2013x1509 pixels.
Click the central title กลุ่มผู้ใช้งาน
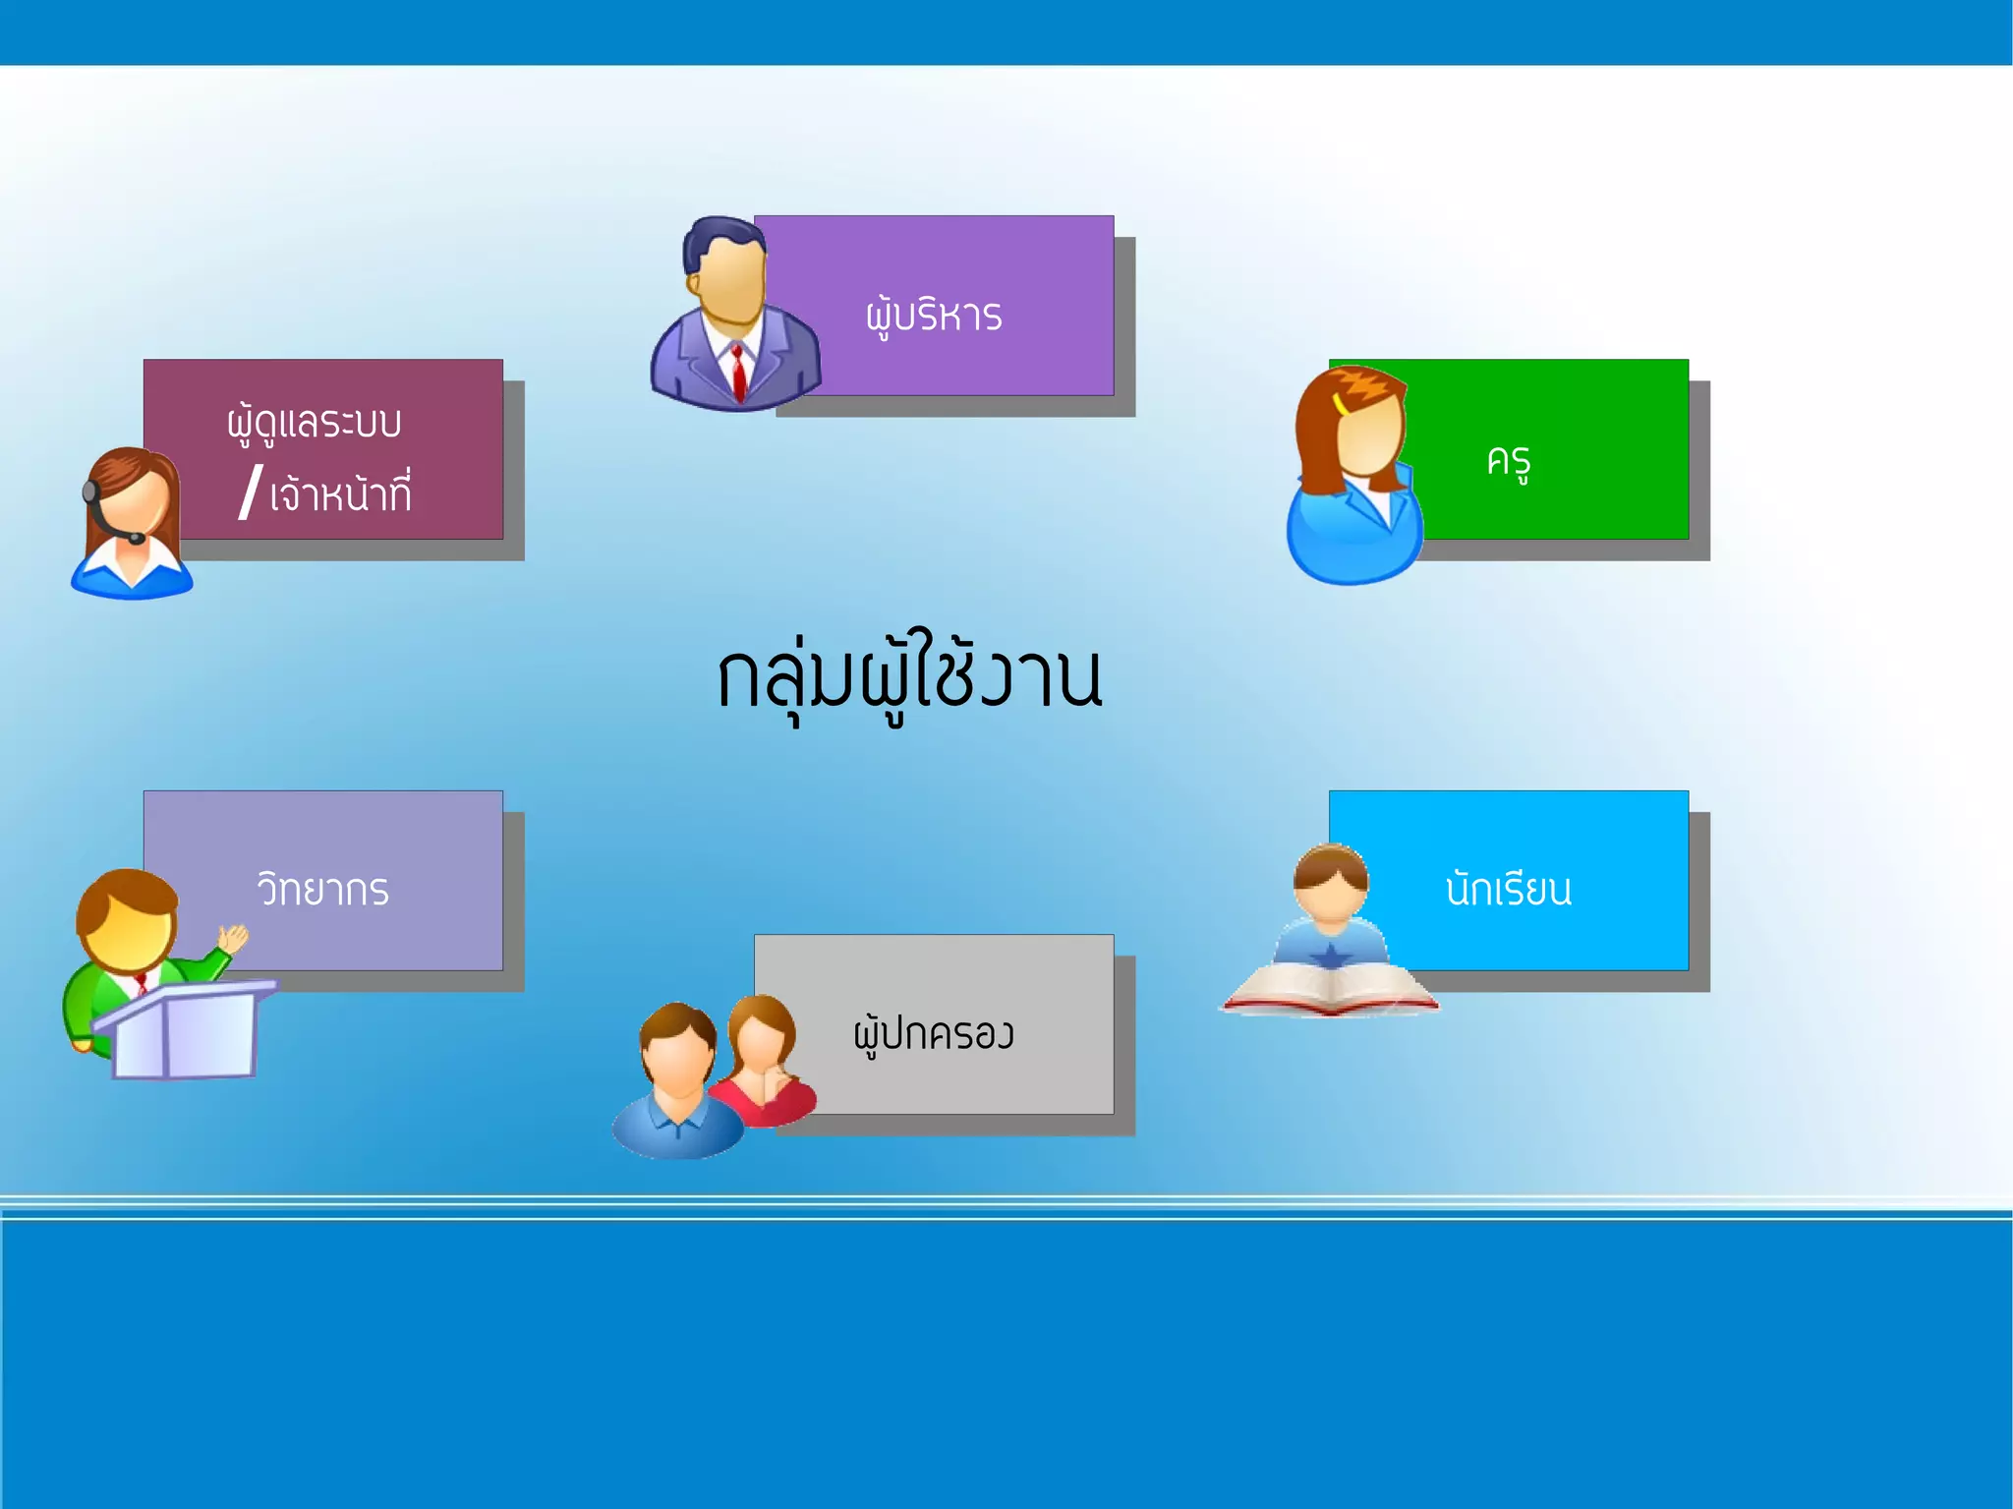point(909,678)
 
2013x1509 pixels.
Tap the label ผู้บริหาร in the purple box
point(934,317)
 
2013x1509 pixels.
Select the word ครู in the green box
point(1509,460)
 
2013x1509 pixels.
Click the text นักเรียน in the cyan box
point(1508,890)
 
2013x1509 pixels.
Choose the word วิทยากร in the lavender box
point(323,890)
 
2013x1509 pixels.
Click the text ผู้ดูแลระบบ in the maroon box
point(315,424)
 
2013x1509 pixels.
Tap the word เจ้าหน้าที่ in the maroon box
point(340,494)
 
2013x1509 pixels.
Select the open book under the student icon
point(1330,991)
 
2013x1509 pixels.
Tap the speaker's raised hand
point(233,938)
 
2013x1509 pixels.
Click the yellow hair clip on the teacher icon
point(1339,403)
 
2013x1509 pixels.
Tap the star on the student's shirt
point(1331,955)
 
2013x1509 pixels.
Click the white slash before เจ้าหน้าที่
point(251,492)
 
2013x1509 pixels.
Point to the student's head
point(1330,880)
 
